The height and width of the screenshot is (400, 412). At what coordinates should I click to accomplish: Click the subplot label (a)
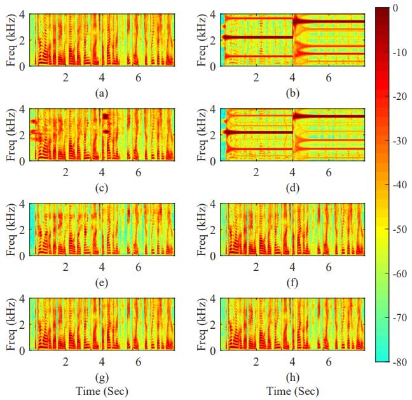(x=100, y=93)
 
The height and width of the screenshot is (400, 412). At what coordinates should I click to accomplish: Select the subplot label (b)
(x=292, y=93)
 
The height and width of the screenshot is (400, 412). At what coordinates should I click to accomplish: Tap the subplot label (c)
(x=100, y=188)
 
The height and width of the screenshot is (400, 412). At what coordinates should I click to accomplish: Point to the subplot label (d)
(x=292, y=188)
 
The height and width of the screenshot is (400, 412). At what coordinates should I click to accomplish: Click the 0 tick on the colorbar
(x=395, y=8)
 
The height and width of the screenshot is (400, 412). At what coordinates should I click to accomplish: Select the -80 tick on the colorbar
(x=399, y=361)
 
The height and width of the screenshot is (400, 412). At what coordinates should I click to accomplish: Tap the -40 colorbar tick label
(x=399, y=185)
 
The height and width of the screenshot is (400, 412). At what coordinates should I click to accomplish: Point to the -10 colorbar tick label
(x=399, y=52)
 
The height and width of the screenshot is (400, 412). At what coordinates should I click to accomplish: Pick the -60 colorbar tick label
(x=399, y=273)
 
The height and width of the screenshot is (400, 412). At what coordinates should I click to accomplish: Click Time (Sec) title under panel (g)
(x=101, y=390)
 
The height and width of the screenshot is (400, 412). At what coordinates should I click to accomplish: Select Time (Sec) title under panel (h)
(x=292, y=390)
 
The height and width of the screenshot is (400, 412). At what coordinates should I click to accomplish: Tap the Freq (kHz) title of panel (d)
(x=202, y=134)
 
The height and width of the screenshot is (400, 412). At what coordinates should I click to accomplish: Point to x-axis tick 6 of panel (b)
(x=329, y=78)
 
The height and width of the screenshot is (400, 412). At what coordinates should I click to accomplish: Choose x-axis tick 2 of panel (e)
(x=65, y=268)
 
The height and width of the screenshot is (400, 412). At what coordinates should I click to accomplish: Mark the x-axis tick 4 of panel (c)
(x=102, y=173)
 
